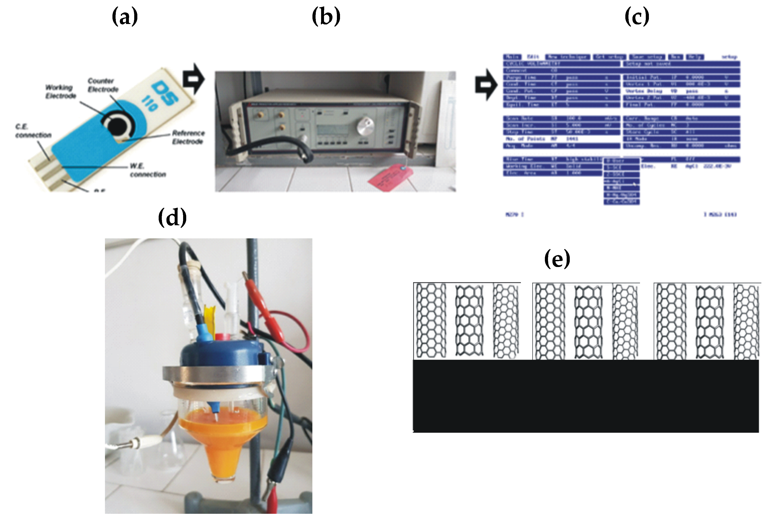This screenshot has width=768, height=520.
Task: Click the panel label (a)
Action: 125,17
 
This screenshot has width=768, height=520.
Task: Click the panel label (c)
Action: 636,17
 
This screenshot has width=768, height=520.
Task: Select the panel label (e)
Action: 557,259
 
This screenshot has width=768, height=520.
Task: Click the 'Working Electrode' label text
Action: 60,92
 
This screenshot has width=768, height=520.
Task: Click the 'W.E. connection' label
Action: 147,170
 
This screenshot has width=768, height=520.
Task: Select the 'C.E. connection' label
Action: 33,131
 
